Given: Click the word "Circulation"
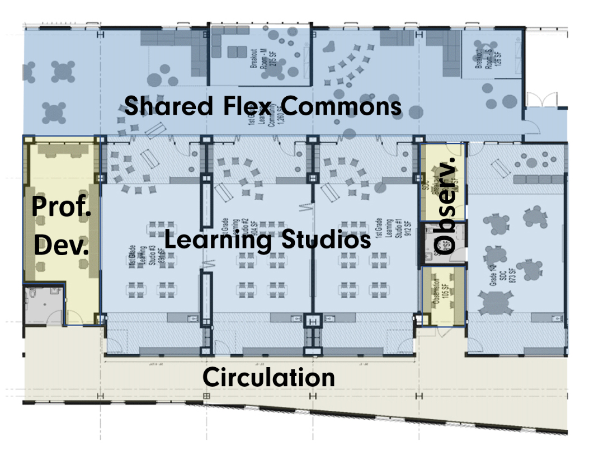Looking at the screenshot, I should (268, 378).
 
